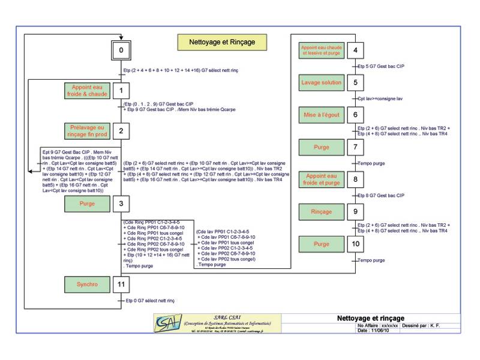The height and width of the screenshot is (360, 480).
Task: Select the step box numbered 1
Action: pos(121,91)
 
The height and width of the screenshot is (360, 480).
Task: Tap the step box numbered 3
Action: pos(121,204)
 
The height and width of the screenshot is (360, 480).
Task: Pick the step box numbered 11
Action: pos(121,284)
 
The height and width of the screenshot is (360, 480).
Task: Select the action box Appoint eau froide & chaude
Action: pos(86,91)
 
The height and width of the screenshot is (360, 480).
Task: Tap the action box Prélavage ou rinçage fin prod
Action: pos(86,130)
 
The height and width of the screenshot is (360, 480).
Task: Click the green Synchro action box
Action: pos(86,284)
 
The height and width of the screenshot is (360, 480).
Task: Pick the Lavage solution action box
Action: pos(321,83)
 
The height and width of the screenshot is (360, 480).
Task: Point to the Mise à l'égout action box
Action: pos(321,115)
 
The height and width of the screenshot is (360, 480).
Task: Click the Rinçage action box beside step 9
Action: pos(321,212)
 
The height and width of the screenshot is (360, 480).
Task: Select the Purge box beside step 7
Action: pos(321,147)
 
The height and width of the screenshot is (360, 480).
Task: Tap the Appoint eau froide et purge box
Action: pos(321,179)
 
